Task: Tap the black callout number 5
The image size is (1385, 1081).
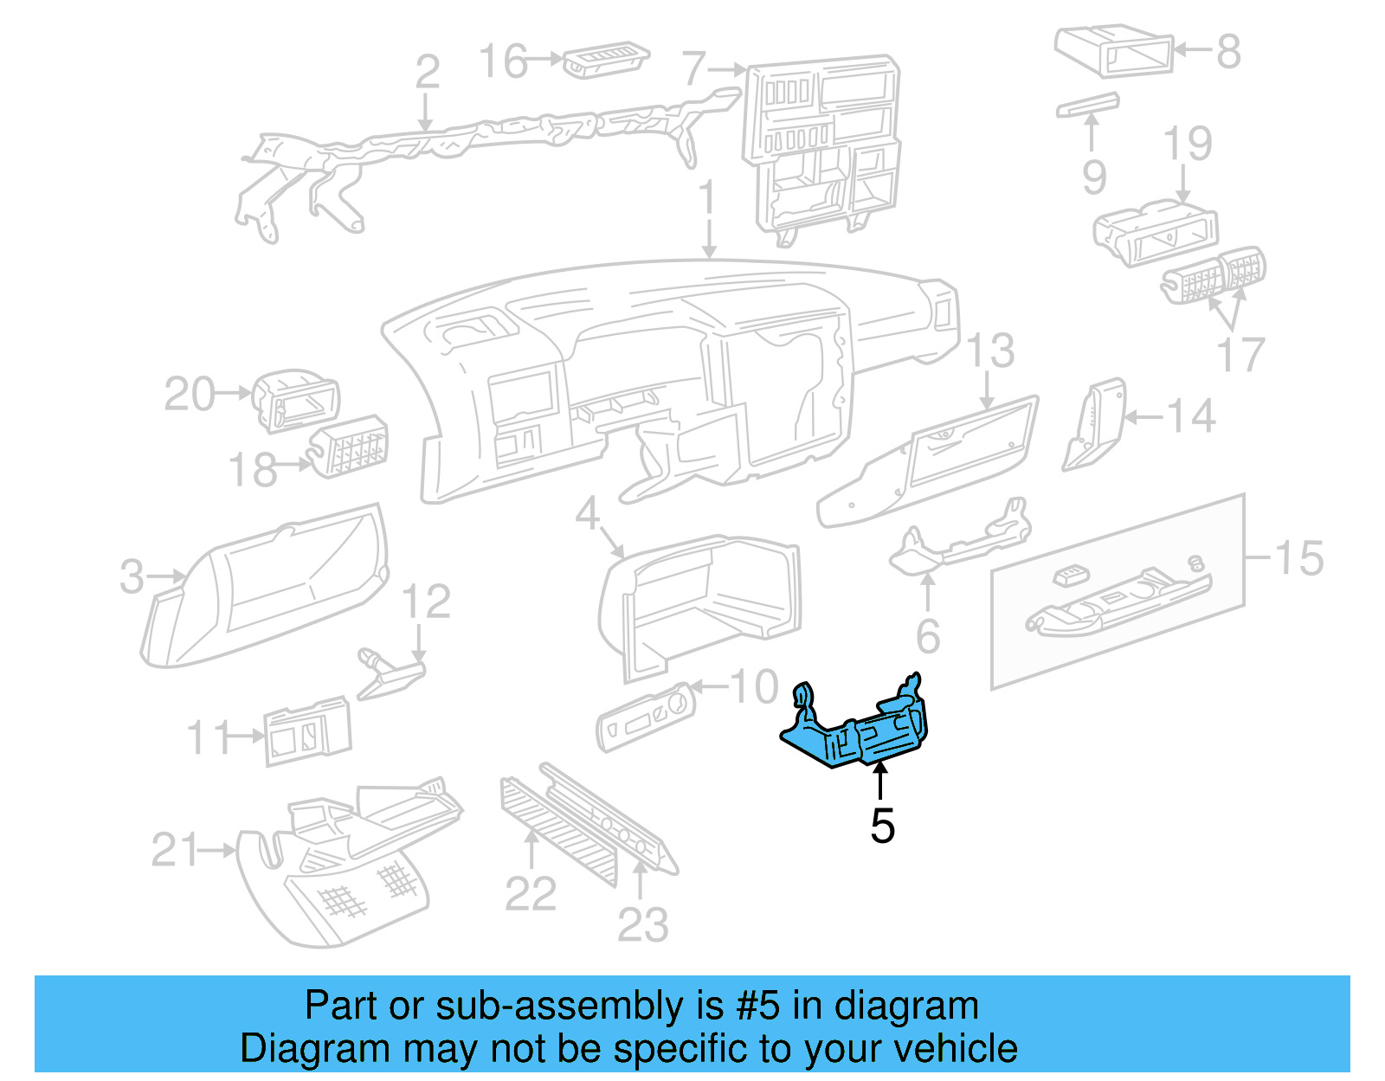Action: click(882, 826)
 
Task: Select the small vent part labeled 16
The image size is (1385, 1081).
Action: click(606, 61)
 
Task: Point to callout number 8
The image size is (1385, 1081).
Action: click(1228, 51)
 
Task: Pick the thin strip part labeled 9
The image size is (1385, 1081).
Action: click(1088, 105)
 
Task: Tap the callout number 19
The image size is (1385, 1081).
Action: click(1188, 144)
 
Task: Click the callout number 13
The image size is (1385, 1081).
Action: click(990, 351)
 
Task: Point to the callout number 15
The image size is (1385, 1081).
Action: click(1299, 558)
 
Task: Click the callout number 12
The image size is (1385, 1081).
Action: click(427, 602)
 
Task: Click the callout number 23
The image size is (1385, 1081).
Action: click(642, 924)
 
